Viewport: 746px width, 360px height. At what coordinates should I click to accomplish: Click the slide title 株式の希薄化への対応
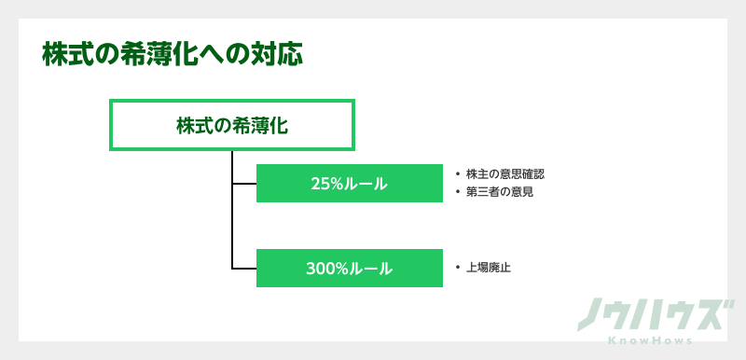coord(173,54)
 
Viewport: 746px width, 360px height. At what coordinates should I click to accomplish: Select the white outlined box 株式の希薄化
coord(232,125)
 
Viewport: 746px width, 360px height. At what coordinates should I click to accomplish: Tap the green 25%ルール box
coord(349,183)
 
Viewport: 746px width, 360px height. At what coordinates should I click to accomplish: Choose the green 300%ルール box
coord(349,269)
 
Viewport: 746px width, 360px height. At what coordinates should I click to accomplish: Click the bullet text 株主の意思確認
coord(504,174)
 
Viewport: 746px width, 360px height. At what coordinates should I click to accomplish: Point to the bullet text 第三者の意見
coord(499,192)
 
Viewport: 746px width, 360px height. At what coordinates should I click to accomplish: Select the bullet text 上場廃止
coord(488,268)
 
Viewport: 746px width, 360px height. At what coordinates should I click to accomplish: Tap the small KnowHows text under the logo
coord(650,341)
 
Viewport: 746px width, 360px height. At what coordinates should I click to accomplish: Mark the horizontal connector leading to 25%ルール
coord(243,183)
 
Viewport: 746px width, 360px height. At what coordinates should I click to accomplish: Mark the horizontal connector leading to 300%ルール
coord(243,269)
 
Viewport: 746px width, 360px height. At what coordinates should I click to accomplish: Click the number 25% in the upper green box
coord(328,184)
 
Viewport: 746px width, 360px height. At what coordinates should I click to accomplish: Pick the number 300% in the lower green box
coord(327,270)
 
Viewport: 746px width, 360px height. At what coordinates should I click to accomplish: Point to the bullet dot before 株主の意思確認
coord(458,174)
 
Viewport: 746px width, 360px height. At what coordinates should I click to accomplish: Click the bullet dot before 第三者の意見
coord(458,192)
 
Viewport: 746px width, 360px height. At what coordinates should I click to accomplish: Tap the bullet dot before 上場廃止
coord(458,268)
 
